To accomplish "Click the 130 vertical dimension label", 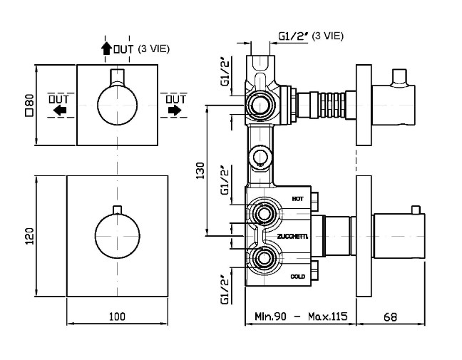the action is click(200, 170).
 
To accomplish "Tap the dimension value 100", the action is click(117, 317).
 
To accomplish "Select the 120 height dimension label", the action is click(31, 236).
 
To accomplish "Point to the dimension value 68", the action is click(391, 317).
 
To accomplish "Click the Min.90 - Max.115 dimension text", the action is click(301, 317).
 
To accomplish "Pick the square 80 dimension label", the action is click(31, 106).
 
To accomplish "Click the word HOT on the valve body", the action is click(297, 199).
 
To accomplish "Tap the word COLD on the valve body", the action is click(298, 277).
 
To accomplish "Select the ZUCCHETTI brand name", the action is click(292, 236).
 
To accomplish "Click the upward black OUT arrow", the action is click(106, 48).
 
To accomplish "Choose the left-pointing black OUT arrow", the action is click(60, 110).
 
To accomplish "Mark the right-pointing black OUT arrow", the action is click(175, 110).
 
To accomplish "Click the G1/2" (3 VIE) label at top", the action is click(311, 36).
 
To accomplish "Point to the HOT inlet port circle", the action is click(263, 213).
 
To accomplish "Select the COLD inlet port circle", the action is click(263, 258).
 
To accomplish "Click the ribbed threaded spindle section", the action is click(332, 106).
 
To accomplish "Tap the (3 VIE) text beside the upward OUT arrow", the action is click(154, 49).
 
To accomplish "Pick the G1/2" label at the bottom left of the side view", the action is click(225, 290).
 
